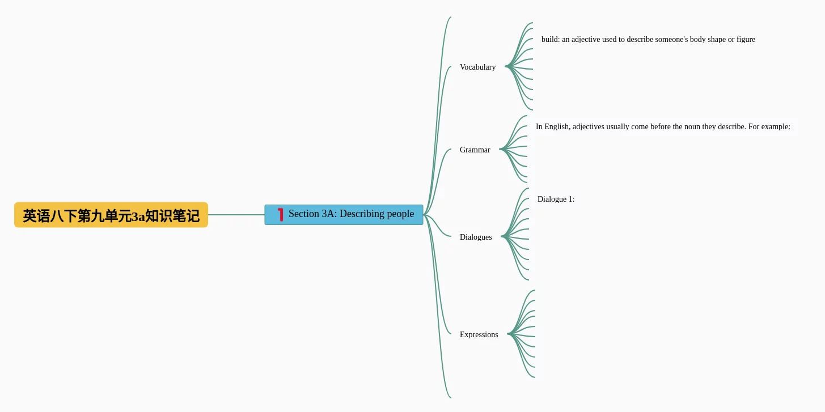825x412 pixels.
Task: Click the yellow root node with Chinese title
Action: click(111, 215)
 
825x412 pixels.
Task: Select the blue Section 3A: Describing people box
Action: click(344, 215)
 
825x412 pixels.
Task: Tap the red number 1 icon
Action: click(280, 214)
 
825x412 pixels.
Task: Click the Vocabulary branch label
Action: click(477, 67)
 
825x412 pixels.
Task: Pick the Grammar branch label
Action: click(475, 150)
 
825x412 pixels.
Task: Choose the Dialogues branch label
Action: click(476, 237)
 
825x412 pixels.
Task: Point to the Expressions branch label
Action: click(479, 334)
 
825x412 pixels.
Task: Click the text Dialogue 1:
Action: click(556, 199)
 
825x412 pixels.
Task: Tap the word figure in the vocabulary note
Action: click(746, 39)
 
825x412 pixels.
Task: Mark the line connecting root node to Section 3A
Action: click(236, 215)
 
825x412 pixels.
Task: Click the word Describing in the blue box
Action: click(361, 214)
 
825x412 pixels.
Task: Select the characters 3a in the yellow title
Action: click(138, 216)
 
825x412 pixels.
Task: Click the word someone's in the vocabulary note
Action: click(671, 39)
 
